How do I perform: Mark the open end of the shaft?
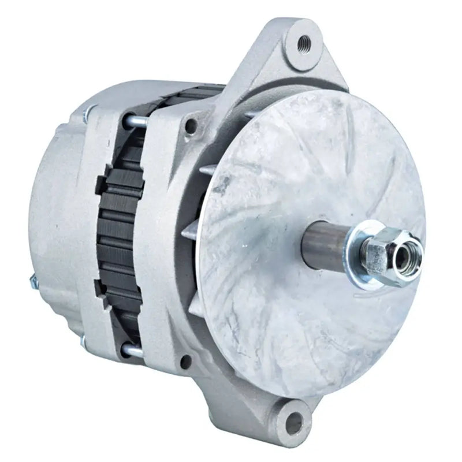(398, 257)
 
